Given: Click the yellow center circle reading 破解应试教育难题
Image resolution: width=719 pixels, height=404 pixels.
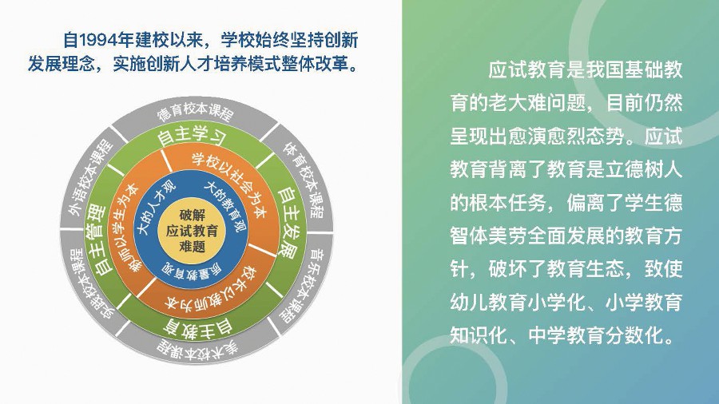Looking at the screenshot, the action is pyautogui.click(x=192, y=231).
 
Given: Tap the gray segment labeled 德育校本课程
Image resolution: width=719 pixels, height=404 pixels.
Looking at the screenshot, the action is pyautogui.click(x=196, y=111).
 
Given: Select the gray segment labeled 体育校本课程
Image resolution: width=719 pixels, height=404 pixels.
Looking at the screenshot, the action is pyautogui.click(x=303, y=179).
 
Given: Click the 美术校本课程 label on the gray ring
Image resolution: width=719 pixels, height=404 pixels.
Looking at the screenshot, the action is pyautogui.click(x=197, y=351).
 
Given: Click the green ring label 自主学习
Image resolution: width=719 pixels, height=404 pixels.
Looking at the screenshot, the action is pyautogui.click(x=192, y=135).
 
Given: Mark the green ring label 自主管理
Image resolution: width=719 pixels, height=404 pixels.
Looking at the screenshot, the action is pyautogui.click(x=98, y=239).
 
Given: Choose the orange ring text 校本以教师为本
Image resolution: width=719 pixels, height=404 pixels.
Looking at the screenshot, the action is pyautogui.click(x=212, y=288).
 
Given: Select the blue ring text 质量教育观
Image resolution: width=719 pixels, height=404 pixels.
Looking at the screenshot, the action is pyautogui.click(x=192, y=271).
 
